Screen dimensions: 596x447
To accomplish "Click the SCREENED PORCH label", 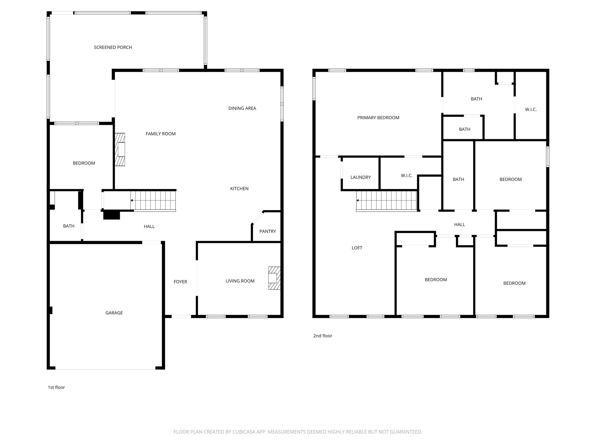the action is [113, 47].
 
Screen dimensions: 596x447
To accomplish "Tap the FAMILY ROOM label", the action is [161, 134].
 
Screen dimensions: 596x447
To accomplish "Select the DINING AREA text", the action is [242, 108].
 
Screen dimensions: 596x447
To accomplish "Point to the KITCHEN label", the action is [239, 189].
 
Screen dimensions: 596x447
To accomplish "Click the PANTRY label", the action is [268, 231].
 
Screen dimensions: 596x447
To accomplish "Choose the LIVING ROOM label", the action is [240, 281].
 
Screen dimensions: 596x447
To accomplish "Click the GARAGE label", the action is [114, 313].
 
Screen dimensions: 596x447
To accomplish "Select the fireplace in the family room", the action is [120, 150].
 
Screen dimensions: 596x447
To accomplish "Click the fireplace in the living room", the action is [274, 278].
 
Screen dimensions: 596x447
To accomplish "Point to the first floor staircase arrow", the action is [132, 200].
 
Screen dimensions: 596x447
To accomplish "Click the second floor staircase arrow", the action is [358, 200].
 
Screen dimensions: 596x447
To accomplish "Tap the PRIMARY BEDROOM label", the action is [378, 118].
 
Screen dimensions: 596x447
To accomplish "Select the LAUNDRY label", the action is [361, 177].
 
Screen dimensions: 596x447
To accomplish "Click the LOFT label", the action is [357, 248].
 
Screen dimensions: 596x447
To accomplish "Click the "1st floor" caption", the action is [56, 387].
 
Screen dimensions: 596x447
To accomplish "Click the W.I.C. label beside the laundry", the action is [407, 176].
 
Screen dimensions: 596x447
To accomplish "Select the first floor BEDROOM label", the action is [84, 163].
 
